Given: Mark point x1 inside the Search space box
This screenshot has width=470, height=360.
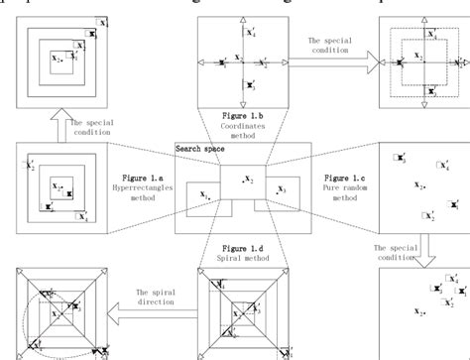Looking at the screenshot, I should tap(206, 198).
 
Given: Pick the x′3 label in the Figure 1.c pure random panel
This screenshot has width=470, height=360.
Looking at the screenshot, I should tap(400, 158).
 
